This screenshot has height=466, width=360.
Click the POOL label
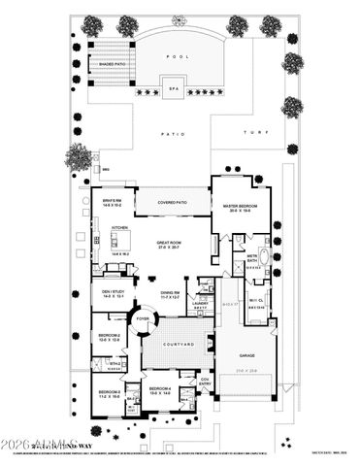(177, 57)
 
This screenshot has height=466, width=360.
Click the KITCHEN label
(120, 229)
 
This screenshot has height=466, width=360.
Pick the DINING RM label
(171, 292)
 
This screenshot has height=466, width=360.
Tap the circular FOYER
(143, 317)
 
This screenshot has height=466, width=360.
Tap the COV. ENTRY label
(205, 382)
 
